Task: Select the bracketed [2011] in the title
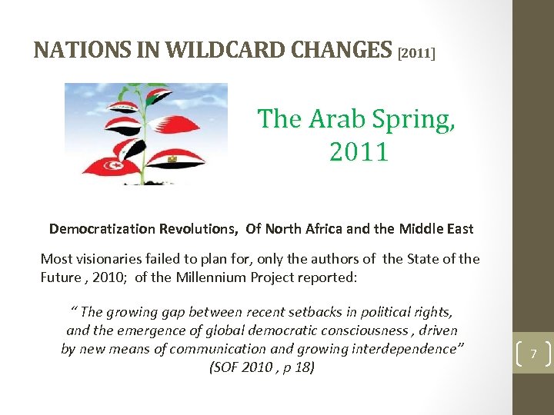click(x=417, y=54)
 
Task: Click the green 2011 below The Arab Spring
click(x=359, y=151)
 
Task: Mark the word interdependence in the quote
click(x=412, y=349)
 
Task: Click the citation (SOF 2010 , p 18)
click(x=262, y=367)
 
